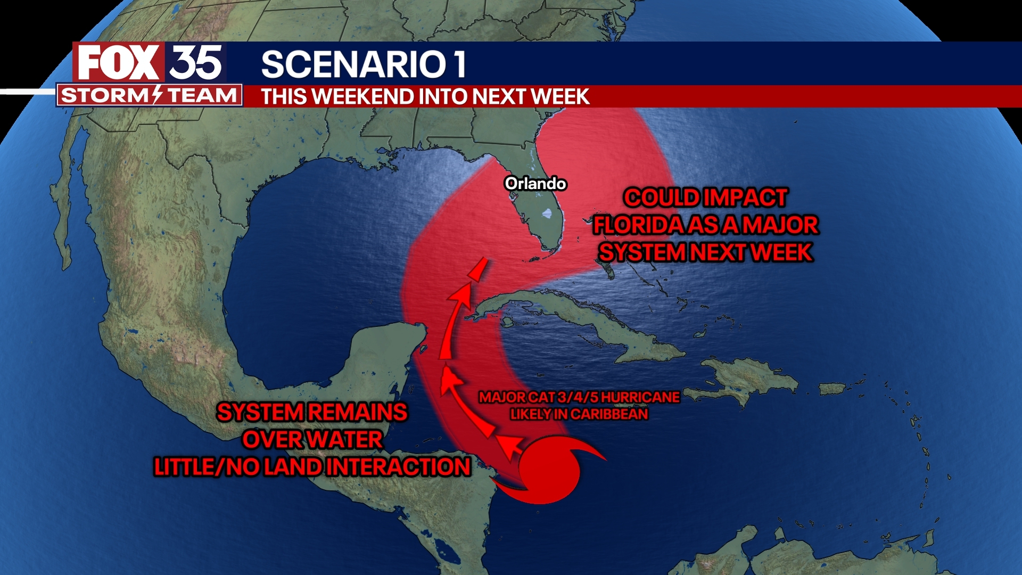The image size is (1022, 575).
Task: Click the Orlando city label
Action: pyautogui.click(x=535, y=184)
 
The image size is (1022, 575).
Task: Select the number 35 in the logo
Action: pyautogui.click(x=196, y=63)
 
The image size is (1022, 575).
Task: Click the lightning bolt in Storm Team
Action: pyautogui.click(x=157, y=95)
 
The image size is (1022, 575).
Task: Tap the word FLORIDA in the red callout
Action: pyautogui.click(x=639, y=225)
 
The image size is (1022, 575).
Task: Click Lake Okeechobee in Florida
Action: pyautogui.click(x=548, y=214)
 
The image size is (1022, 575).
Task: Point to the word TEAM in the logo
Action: pyautogui.click(x=202, y=96)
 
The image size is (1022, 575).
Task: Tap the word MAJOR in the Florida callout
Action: pyautogui.click(x=780, y=225)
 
